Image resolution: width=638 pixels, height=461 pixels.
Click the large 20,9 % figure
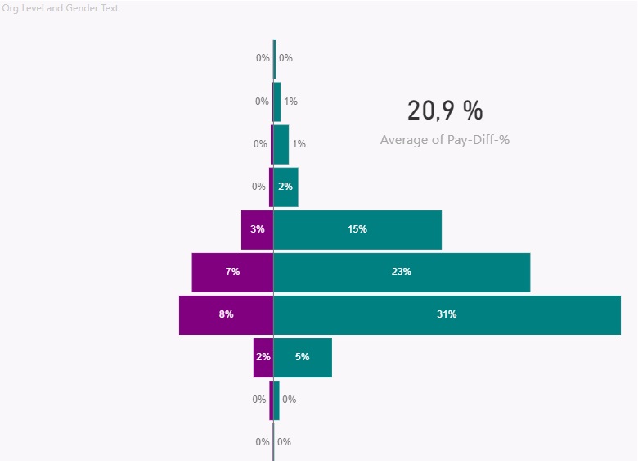coord(445,110)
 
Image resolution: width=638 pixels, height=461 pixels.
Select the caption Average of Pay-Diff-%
coord(445,140)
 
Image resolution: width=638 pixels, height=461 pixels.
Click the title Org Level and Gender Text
coord(61,8)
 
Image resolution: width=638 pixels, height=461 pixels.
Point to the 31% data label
coord(447,314)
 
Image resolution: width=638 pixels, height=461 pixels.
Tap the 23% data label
coord(402,272)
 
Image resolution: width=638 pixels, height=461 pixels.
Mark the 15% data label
coord(357,229)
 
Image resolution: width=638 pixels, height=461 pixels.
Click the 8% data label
coord(227,314)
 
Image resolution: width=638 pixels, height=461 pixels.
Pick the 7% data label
coord(233,272)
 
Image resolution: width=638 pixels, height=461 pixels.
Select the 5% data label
coord(303,357)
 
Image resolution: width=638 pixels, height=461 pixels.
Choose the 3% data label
coord(258,229)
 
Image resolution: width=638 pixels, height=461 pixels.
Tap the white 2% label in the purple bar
coord(263,357)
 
